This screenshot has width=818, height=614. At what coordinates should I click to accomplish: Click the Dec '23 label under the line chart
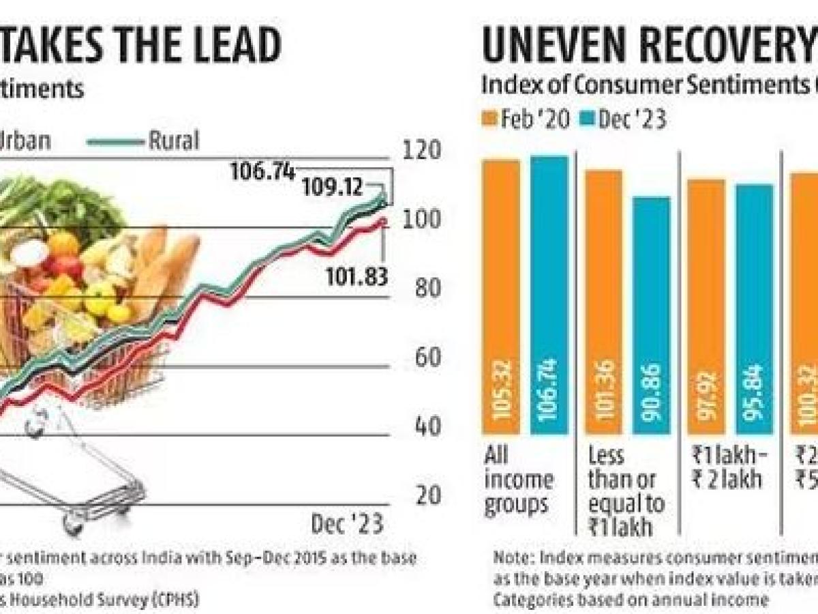tap(347, 524)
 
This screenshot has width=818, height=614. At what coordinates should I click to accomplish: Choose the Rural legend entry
tap(174, 141)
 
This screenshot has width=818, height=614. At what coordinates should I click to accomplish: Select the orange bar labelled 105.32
tap(501, 297)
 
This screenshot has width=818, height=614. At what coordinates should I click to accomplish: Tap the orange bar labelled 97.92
tap(706, 307)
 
